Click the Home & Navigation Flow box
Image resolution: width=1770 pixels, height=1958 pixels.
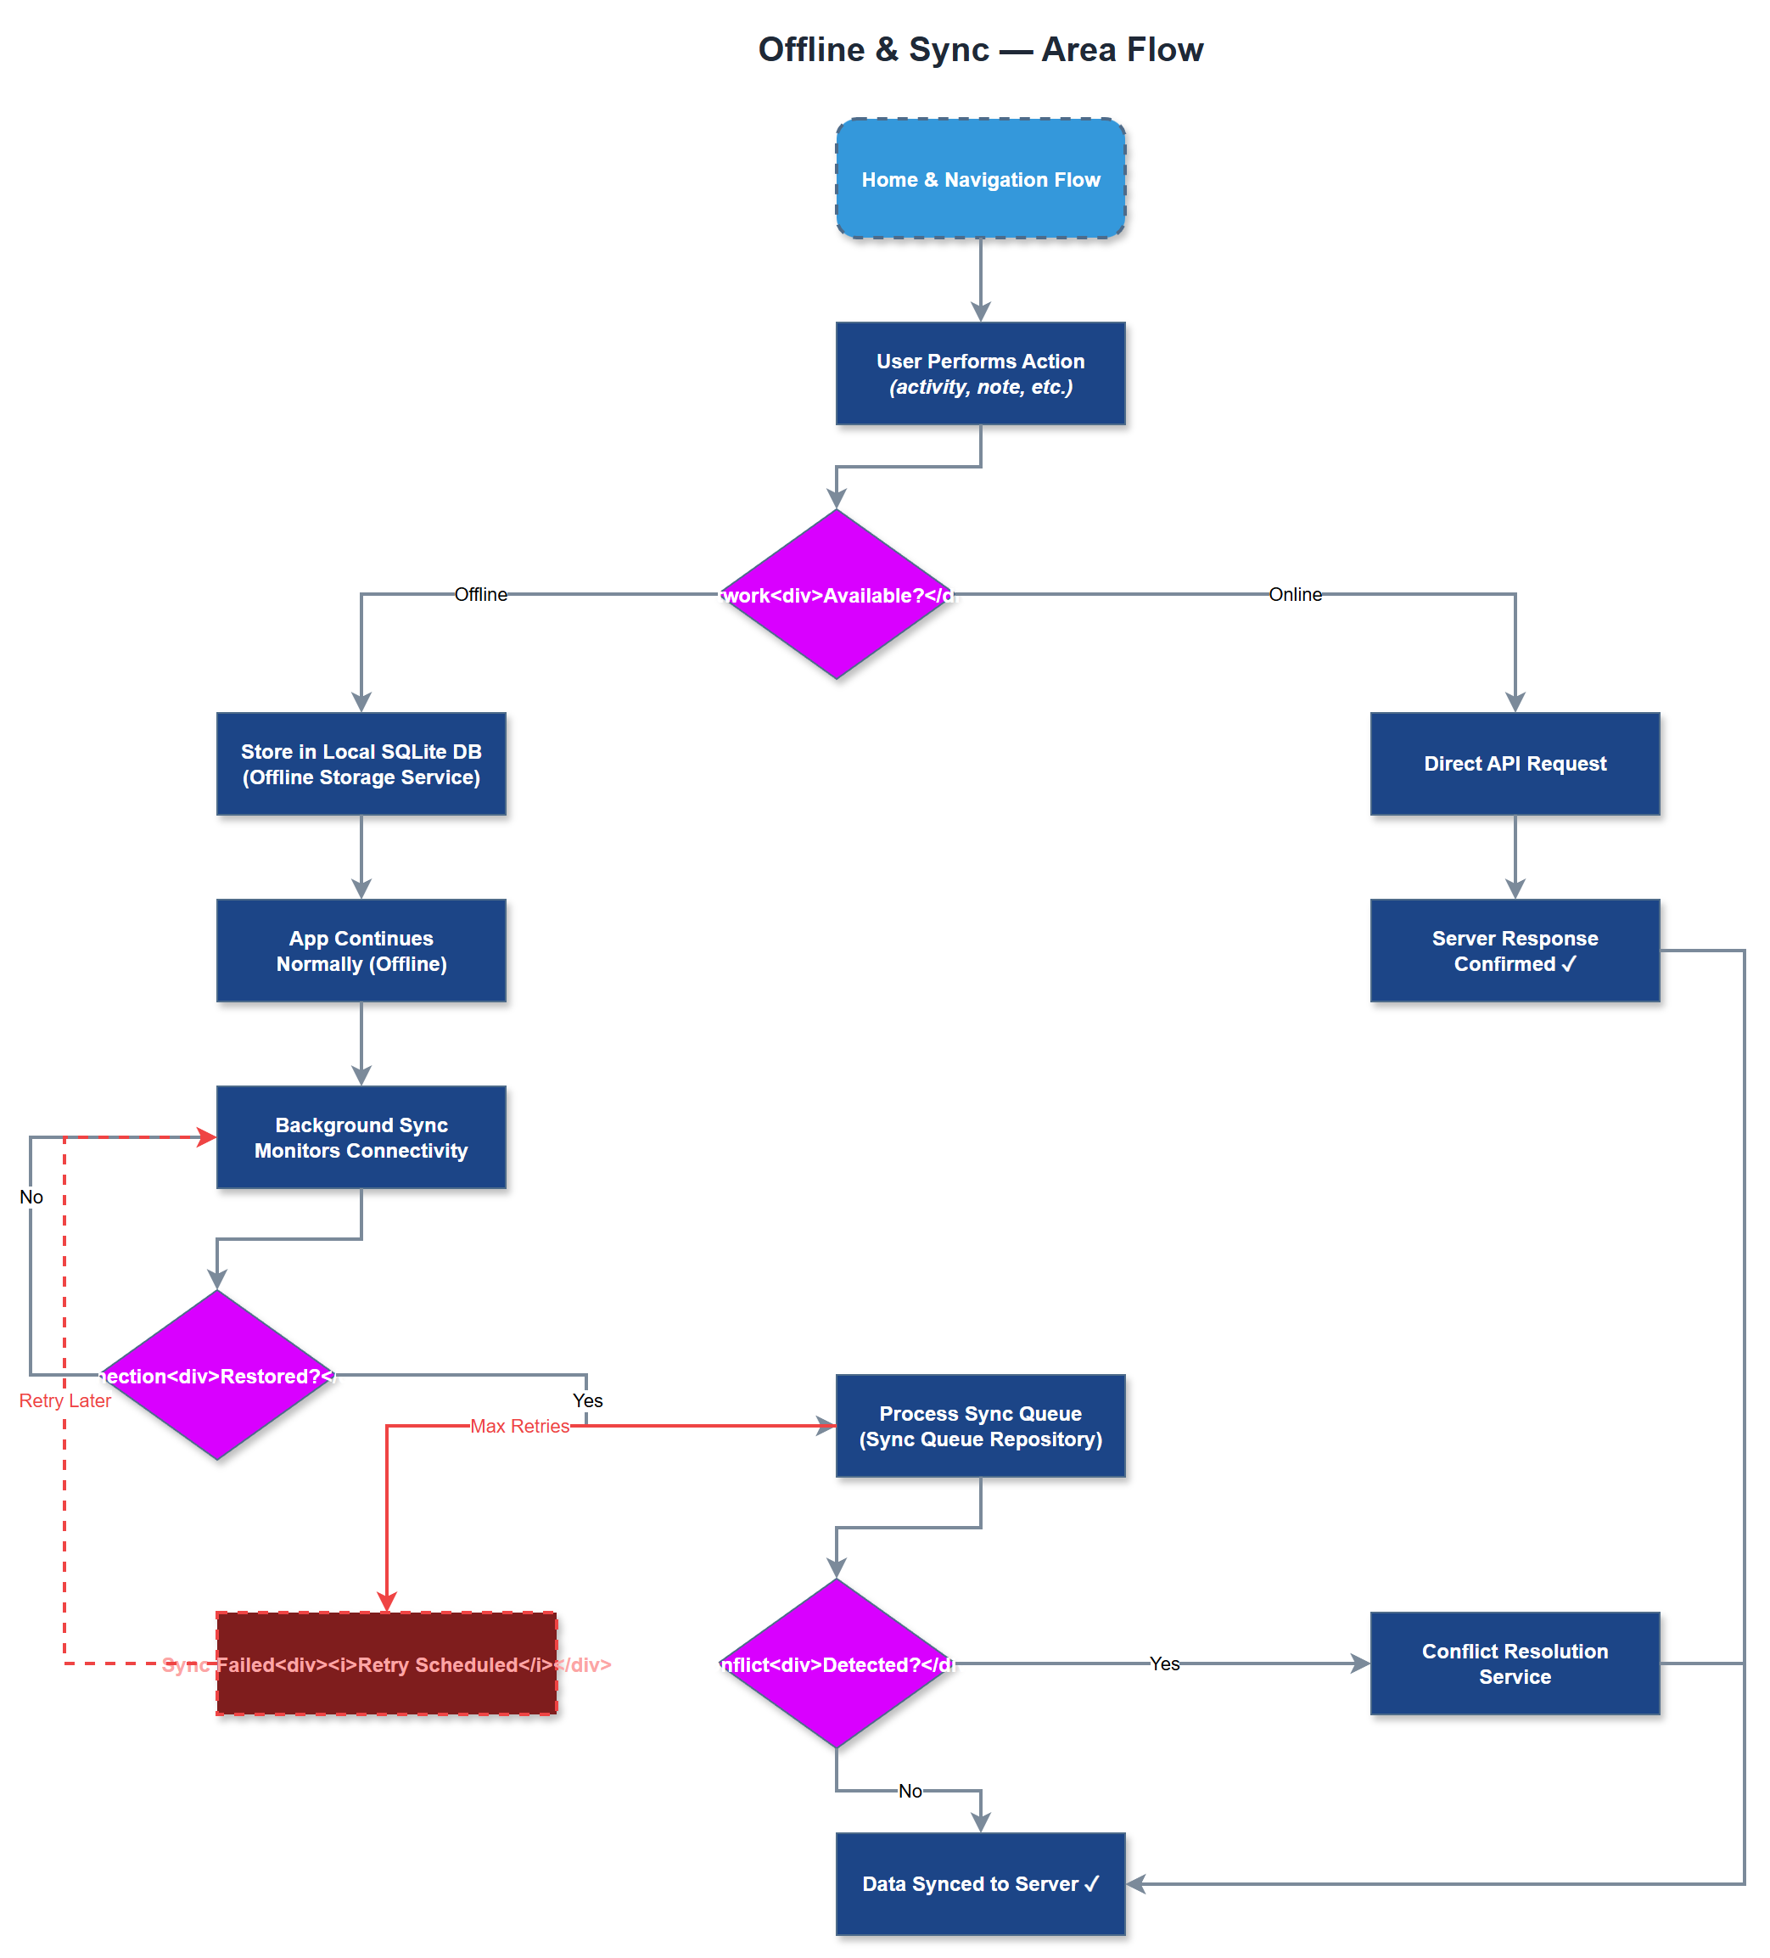pyautogui.click(x=980, y=179)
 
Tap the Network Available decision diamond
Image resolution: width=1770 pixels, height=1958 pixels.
pyautogui.click(x=836, y=594)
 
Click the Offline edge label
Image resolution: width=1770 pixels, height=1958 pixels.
pyautogui.click(x=480, y=594)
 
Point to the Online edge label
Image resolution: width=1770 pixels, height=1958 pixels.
pyautogui.click(x=1294, y=594)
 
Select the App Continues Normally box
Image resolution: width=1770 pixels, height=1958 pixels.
pyautogui.click(x=361, y=950)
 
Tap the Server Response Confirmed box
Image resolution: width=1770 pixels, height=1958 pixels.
pyautogui.click(x=1514, y=950)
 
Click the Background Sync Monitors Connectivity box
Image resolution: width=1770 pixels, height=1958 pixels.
pyautogui.click(x=361, y=1136)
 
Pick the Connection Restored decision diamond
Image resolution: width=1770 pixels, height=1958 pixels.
pyautogui.click(x=217, y=1374)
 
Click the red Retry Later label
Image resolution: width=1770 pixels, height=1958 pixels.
pyautogui.click(x=65, y=1400)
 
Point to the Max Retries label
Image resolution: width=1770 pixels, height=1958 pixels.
pyautogui.click(x=519, y=1425)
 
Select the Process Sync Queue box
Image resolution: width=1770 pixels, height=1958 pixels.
pyautogui.click(x=980, y=1425)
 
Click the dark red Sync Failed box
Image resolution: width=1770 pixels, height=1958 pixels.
pyautogui.click(x=386, y=1663)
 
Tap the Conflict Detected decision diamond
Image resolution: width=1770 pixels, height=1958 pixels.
pyautogui.click(x=836, y=1663)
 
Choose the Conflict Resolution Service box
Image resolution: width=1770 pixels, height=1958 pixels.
pyautogui.click(x=1514, y=1663)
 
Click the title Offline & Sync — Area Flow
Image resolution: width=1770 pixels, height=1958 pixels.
pyautogui.click(x=980, y=49)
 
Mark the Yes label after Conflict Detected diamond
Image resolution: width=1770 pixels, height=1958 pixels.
pyautogui.click(x=1163, y=1663)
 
